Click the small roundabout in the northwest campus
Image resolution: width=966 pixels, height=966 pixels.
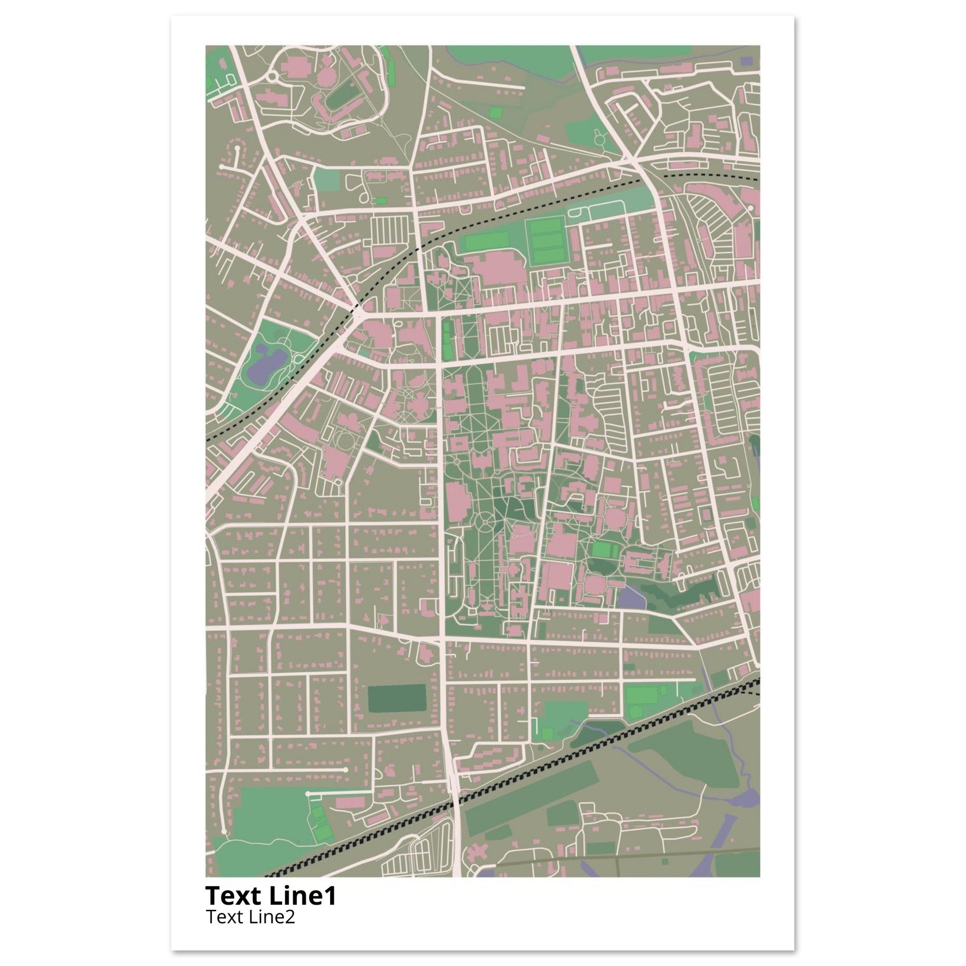(x=273, y=77)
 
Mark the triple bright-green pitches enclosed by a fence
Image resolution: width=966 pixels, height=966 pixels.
(x=547, y=241)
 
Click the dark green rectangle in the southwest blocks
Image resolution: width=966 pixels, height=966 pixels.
(x=397, y=699)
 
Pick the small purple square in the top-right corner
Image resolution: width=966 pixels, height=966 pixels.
(x=747, y=61)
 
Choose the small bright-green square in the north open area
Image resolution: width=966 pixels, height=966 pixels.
(x=496, y=113)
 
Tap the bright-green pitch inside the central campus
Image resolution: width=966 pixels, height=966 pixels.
(x=605, y=550)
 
